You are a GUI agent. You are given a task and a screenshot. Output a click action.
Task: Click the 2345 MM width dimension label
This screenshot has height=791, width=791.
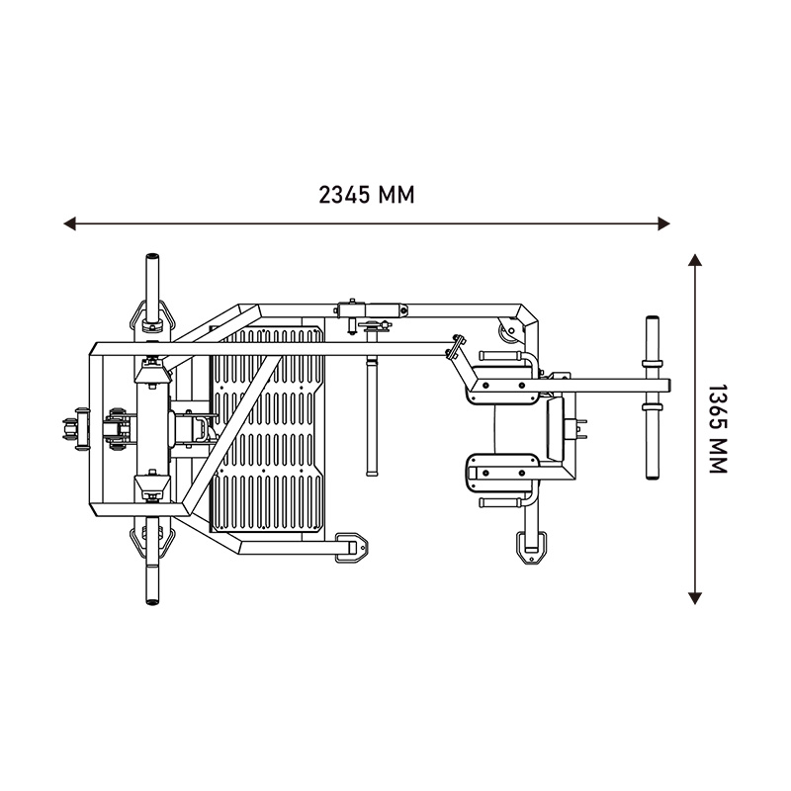(x=366, y=195)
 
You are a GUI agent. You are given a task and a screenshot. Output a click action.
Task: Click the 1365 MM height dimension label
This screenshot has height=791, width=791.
(x=717, y=429)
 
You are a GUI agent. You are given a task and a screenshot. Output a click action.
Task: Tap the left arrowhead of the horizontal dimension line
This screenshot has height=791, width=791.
(x=69, y=223)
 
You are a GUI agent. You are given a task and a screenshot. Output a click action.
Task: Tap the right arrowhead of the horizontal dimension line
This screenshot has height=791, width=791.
(x=663, y=223)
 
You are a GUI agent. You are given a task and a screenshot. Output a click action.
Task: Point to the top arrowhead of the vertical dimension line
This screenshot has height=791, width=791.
(x=695, y=260)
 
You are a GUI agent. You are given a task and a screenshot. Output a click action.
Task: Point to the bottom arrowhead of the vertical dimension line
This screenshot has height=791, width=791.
(x=695, y=598)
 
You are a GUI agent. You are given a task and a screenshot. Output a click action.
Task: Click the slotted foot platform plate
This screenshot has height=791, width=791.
(x=267, y=429)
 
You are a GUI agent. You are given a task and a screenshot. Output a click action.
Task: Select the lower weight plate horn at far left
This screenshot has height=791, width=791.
(x=152, y=568)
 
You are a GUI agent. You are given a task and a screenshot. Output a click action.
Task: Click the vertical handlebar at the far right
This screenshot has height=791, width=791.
(x=653, y=397)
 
